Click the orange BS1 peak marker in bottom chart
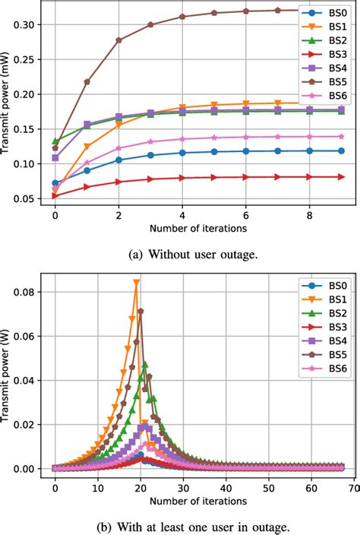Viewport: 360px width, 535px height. [136, 283]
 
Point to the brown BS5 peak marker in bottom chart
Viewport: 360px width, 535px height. [141, 311]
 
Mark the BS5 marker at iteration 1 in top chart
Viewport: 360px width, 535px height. [87, 81]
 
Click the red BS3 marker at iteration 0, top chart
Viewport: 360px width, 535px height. [55, 195]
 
